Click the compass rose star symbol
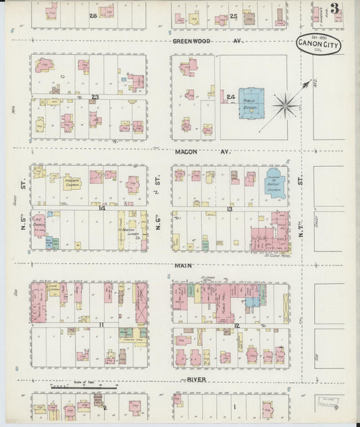(x=286, y=105)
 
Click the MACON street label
(x=186, y=152)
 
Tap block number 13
(x=230, y=209)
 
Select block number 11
(x=101, y=325)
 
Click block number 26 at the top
(x=93, y=14)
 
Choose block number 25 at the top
(x=233, y=15)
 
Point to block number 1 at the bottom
(x=234, y=407)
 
